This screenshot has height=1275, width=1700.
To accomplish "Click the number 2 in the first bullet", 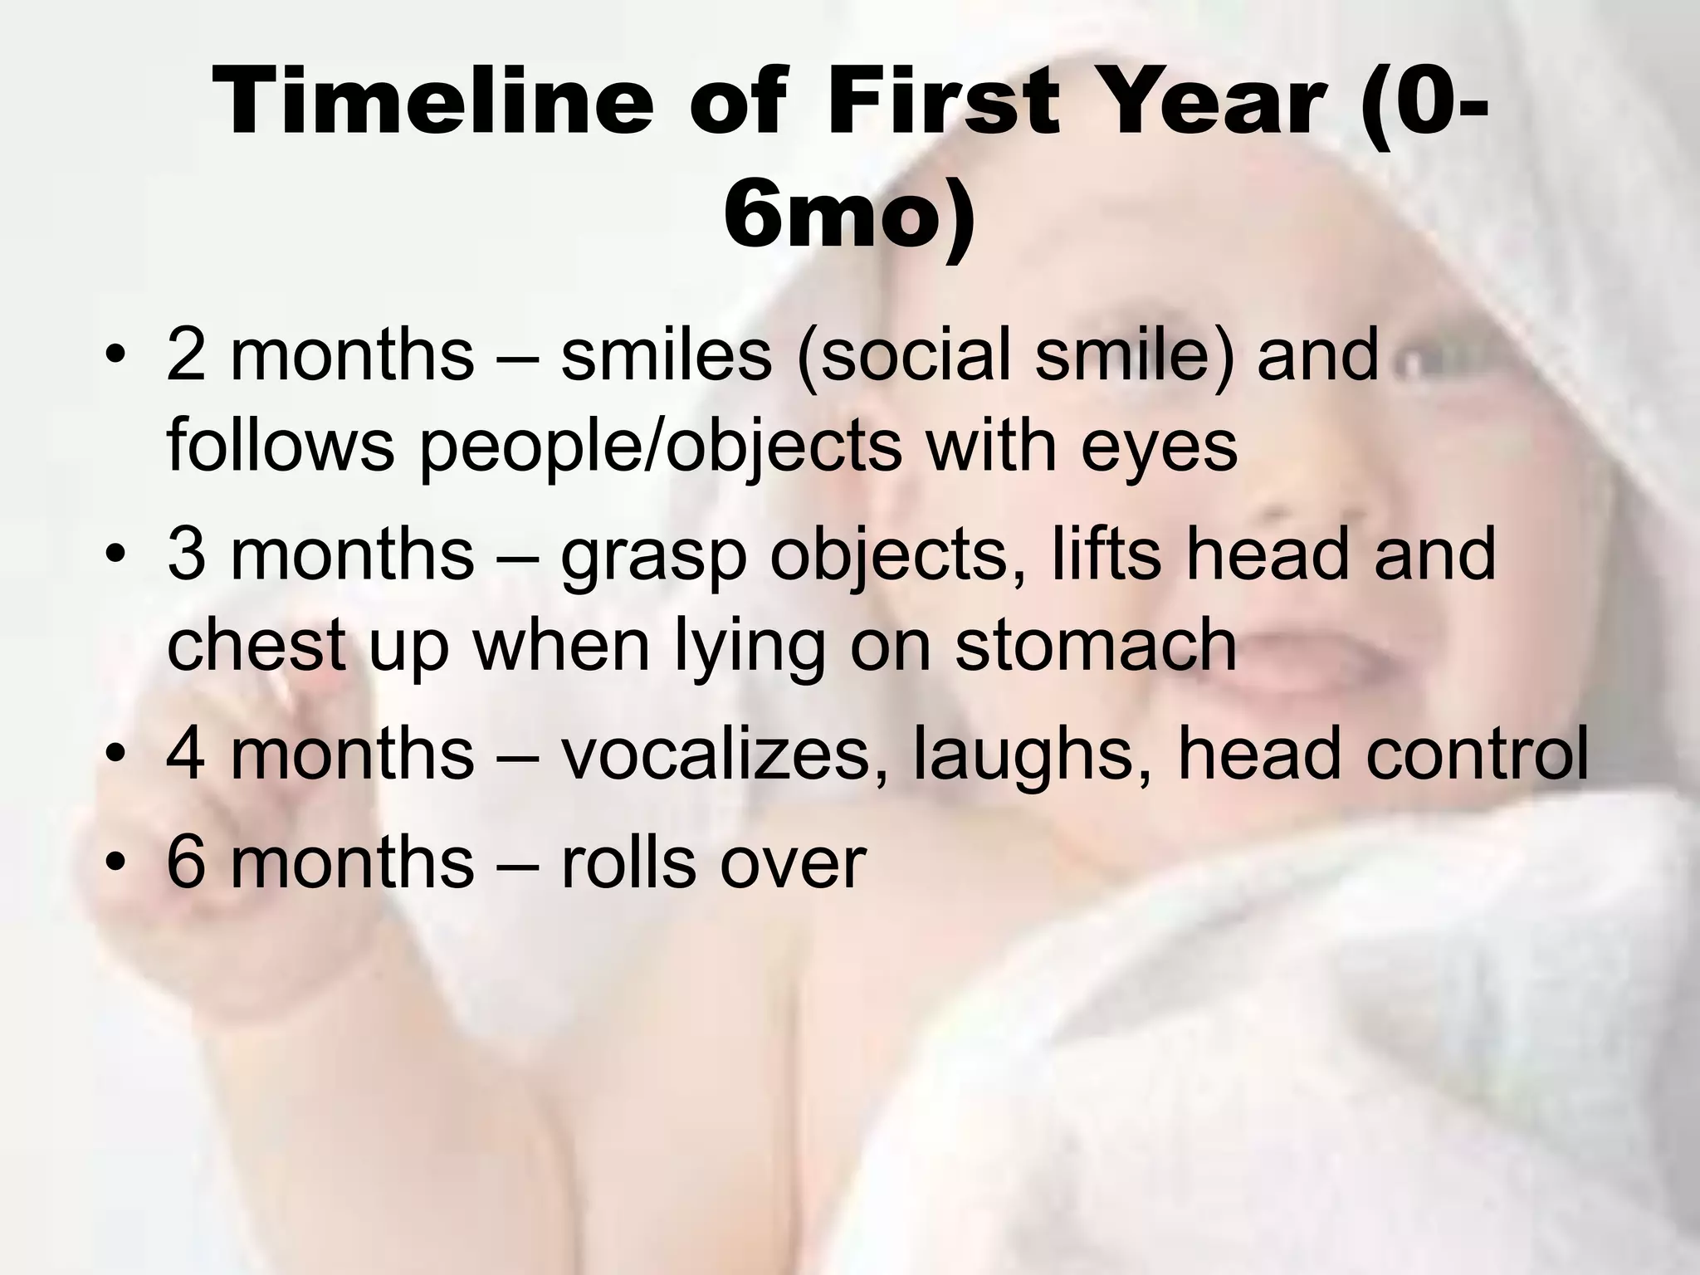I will (x=184, y=354).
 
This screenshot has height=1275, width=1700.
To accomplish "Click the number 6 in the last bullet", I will (x=184, y=862).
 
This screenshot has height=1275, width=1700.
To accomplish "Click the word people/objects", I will (x=660, y=447).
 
